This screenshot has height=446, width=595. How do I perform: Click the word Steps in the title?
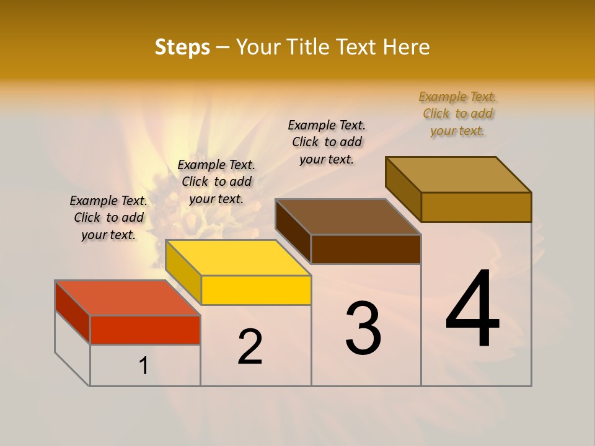pyautogui.click(x=182, y=47)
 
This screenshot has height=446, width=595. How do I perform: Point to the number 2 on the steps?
pyautogui.click(x=250, y=347)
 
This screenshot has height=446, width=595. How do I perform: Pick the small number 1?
pyautogui.click(x=143, y=366)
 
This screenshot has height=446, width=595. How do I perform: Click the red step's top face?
pyautogui.click(x=128, y=298)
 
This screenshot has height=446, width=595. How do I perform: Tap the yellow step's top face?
pyautogui.click(x=238, y=258)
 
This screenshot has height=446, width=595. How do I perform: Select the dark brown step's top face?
pyautogui.click(x=348, y=217)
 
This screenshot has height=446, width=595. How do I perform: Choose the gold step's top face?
pyautogui.click(x=459, y=174)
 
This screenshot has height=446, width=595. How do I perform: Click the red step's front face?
pyautogui.click(x=145, y=330)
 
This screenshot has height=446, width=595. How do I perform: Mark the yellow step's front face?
pyautogui.click(x=256, y=290)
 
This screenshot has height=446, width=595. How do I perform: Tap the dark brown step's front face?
pyautogui.click(x=366, y=249)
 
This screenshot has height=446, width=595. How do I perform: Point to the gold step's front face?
pyautogui.click(x=476, y=207)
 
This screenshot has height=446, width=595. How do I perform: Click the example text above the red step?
pyautogui.click(x=108, y=217)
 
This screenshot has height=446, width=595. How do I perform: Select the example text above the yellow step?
pyautogui.click(x=216, y=181)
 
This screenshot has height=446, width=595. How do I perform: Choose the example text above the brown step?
pyautogui.click(x=327, y=142)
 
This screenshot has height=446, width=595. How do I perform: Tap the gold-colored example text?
pyautogui.click(x=457, y=113)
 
